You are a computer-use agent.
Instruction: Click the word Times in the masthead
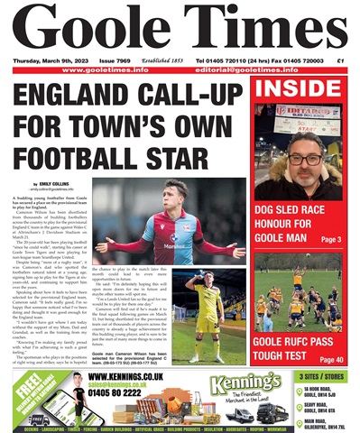tap(255, 30)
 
